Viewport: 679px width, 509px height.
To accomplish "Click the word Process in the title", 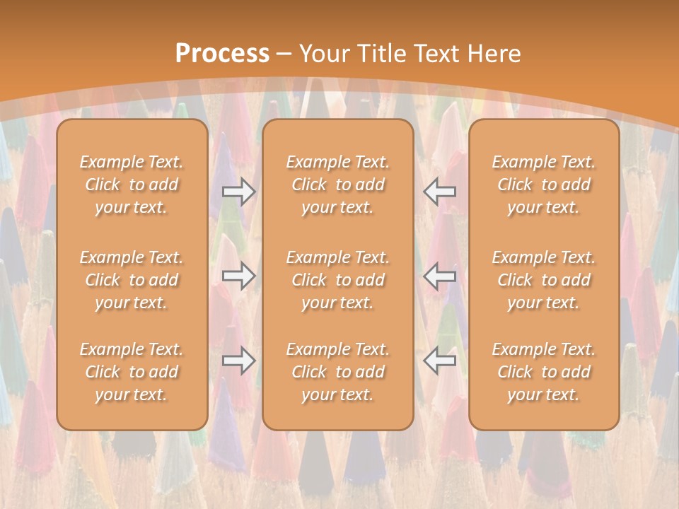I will tap(222, 54).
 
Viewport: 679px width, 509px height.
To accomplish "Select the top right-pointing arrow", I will tap(238, 191).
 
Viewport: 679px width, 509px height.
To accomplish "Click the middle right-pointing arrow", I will tap(238, 276).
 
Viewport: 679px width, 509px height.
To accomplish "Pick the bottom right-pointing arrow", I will tap(238, 361).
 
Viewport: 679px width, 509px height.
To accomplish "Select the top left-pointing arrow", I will tap(440, 191).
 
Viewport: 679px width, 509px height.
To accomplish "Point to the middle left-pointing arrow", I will tap(440, 276).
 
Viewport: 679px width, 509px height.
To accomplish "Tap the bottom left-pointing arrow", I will tap(440, 361).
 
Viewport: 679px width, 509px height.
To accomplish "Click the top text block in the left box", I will tap(132, 185).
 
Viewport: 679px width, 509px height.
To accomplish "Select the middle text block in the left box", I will tap(132, 280).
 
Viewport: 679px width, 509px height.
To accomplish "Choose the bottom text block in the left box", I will tap(132, 372).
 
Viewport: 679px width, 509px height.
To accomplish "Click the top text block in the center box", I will tap(338, 185).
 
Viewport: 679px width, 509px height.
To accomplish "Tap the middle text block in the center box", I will tap(338, 280).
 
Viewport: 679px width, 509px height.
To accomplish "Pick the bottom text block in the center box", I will tap(338, 372).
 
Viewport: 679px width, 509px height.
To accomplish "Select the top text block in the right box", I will tap(544, 185).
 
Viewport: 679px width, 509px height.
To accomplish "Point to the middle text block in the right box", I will tap(544, 280).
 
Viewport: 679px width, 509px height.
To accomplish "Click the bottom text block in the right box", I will tap(544, 372).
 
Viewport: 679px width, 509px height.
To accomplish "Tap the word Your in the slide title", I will tap(323, 54).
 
